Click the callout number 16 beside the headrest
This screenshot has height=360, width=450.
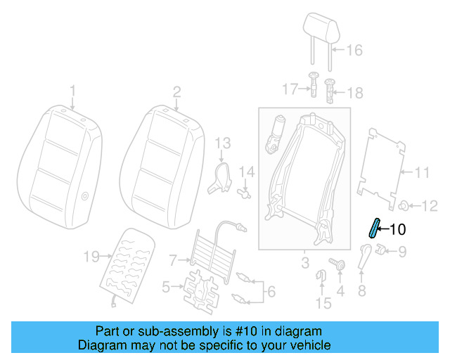[354, 50]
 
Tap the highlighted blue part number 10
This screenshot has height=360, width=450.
[374, 228]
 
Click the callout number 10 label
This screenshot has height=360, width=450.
[397, 229]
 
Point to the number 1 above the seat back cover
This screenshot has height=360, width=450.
[72, 90]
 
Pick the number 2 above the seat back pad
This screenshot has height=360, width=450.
[176, 90]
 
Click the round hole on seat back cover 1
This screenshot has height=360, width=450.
[85, 198]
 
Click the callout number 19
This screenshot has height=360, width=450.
[91, 257]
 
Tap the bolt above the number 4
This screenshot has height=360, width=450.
[340, 266]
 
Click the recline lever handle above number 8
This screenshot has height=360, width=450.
[365, 257]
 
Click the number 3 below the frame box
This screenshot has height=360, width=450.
[304, 264]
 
